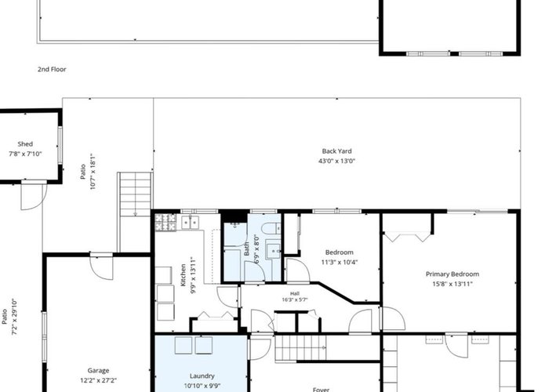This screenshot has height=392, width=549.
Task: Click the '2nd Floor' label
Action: coord(52,69)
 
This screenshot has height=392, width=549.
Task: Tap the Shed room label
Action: coord(25,143)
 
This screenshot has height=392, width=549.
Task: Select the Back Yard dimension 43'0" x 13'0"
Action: coord(336,161)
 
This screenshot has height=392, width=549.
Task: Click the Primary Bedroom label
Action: coord(453,274)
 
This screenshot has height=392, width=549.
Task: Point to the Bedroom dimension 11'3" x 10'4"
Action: coord(340,262)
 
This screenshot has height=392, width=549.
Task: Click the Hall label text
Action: coord(295,294)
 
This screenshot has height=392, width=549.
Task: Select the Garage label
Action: coord(98,370)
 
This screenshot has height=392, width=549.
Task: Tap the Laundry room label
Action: coord(202,376)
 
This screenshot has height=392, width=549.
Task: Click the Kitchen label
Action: coord(183,275)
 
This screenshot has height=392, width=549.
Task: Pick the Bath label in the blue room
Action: coord(247,249)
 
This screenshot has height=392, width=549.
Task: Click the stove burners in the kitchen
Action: coord(165,223)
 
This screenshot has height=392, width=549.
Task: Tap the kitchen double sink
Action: coord(190,223)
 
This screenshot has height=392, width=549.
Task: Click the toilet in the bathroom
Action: coord(271,228)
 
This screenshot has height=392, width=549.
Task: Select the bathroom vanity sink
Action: coord(273,249)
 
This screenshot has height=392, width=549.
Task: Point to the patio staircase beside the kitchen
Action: coord(135,194)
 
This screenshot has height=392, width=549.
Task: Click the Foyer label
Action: coord(321,389)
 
